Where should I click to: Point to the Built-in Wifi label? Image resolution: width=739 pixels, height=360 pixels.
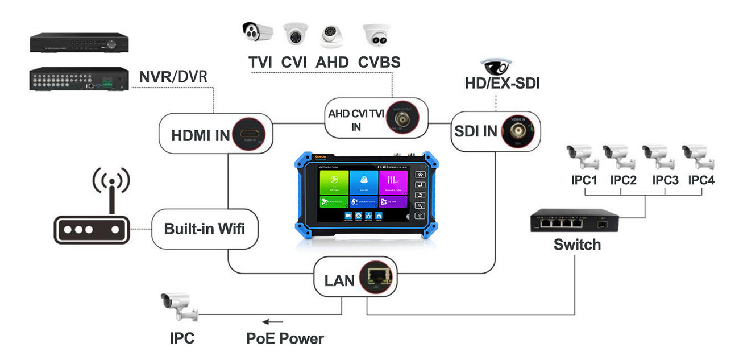coord(205,229)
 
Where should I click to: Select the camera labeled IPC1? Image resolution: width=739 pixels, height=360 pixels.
coord(581,158)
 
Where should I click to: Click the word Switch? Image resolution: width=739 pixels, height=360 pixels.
coord(577,245)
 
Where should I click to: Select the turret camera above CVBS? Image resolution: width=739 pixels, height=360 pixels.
coord(377,35)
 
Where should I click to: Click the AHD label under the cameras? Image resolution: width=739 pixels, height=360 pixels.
coord(332,61)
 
